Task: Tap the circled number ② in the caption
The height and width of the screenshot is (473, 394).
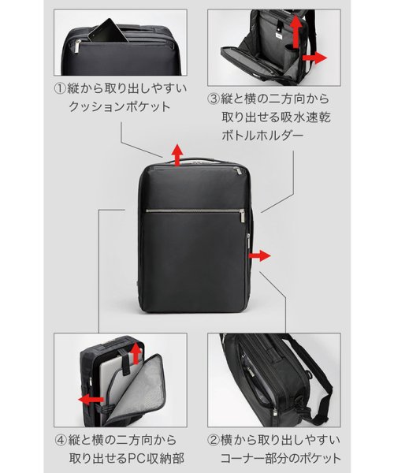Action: pos(214,440)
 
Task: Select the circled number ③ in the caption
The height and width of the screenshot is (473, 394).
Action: pos(214,99)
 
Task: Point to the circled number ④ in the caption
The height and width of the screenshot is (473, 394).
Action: pos(61,440)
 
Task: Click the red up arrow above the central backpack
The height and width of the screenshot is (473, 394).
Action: pos(177,155)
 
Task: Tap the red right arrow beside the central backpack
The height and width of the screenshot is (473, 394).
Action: pos(259,255)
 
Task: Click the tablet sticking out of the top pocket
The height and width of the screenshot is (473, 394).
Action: pos(108,31)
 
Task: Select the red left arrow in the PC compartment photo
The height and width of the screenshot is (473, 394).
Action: pos(91,400)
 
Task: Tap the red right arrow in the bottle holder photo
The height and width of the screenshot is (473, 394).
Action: pos(314,58)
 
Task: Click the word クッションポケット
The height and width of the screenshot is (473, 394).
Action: pos(120,106)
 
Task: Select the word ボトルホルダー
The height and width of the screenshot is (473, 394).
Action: pos(262,136)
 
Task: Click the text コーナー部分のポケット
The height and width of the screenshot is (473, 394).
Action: pos(281,459)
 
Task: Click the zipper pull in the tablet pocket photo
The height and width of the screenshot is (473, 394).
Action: pos(78,47)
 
